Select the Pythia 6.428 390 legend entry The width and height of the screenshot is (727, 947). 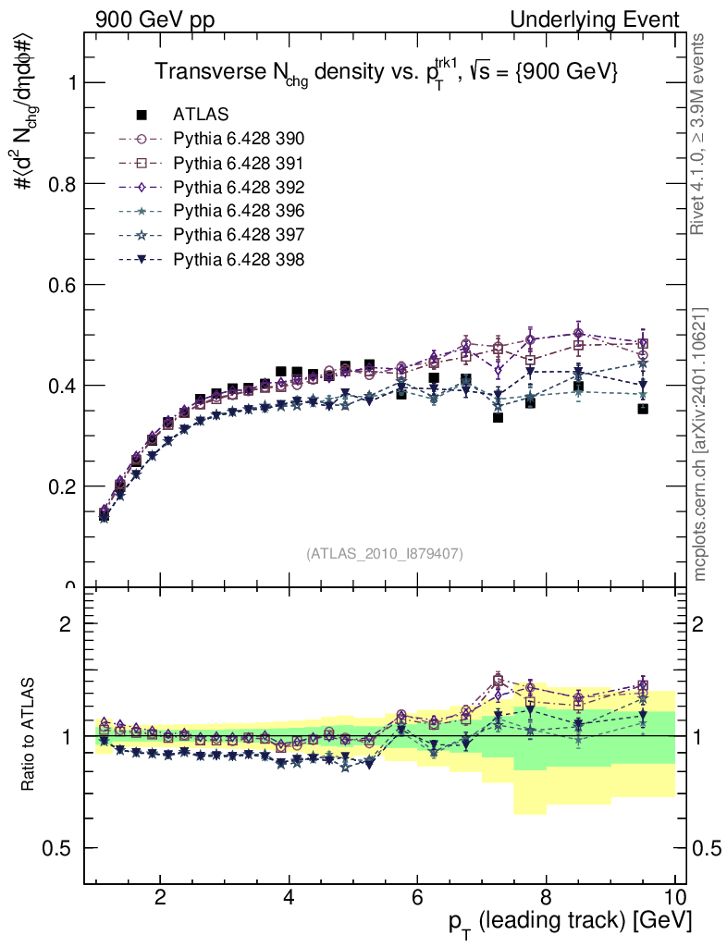pos(239,140)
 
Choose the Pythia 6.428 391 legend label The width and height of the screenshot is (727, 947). pos(239,164)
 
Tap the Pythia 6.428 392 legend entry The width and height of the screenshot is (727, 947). pos(239,188)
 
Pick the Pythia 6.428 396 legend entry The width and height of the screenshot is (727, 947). pos(239,212)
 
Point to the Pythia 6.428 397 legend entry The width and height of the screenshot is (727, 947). pos(239,236)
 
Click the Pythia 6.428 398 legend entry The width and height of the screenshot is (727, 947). pos(239,260)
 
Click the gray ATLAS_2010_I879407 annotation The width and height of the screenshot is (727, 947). pos(385,554)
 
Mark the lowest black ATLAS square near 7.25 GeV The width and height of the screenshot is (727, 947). pos(498,418)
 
